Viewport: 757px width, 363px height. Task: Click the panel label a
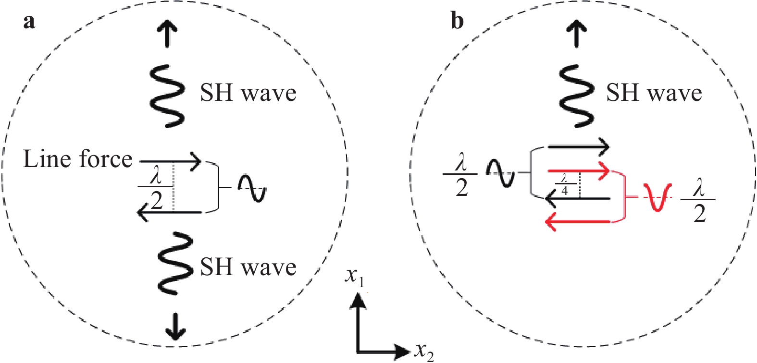click(x=29, y=21)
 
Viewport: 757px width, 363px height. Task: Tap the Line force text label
click(x=77, y=159)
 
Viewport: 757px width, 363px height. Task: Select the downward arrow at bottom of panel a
click(x=175, y=327)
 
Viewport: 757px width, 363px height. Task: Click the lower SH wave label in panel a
click(x=248, y=267)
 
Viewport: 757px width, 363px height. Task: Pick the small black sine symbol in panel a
click(x=252, y=188)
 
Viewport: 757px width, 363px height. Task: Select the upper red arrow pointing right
click(x=579, y=171)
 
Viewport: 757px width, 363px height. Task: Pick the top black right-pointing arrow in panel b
click(x=579, y=146)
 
